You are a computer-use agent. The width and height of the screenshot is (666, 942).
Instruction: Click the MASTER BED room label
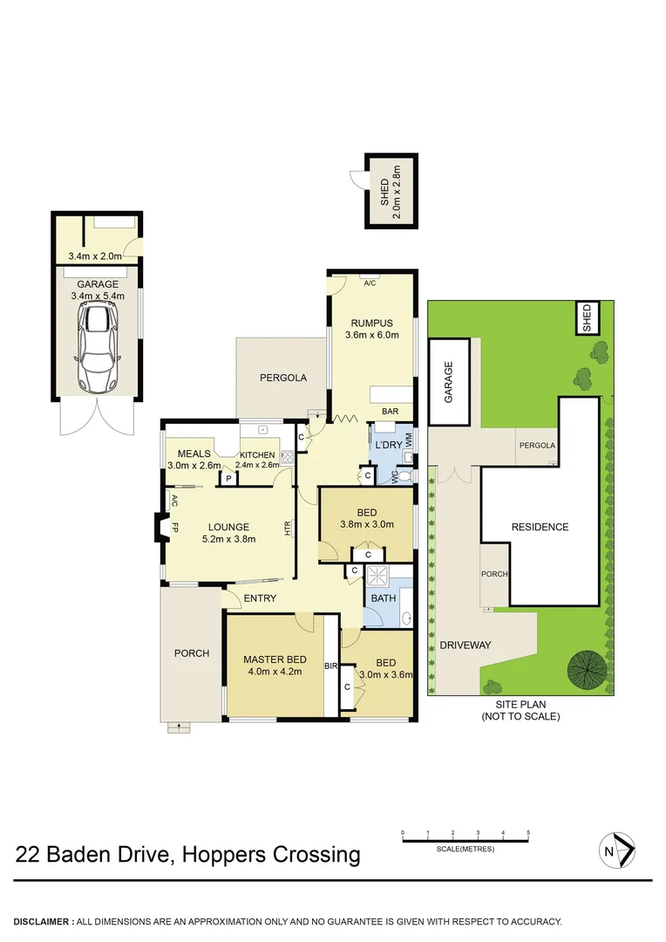(274, 659)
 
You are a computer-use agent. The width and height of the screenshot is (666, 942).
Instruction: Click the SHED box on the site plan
(587, 317)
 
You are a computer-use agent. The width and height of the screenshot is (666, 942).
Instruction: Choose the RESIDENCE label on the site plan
(540, 527)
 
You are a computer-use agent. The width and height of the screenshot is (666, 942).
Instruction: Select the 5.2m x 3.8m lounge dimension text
(228, 539)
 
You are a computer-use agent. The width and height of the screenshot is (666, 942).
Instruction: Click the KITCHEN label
(257, 455)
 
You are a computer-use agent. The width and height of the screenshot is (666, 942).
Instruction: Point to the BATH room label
(384, 598)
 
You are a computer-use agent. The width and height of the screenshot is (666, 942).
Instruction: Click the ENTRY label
(260, 598)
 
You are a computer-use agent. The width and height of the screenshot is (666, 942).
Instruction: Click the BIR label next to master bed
(330, 666)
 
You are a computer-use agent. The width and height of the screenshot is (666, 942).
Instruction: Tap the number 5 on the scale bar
(528, 833)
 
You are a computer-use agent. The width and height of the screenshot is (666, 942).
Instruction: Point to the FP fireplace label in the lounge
(175, 527)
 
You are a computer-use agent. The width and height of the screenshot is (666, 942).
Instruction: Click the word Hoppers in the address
(222, 854)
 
